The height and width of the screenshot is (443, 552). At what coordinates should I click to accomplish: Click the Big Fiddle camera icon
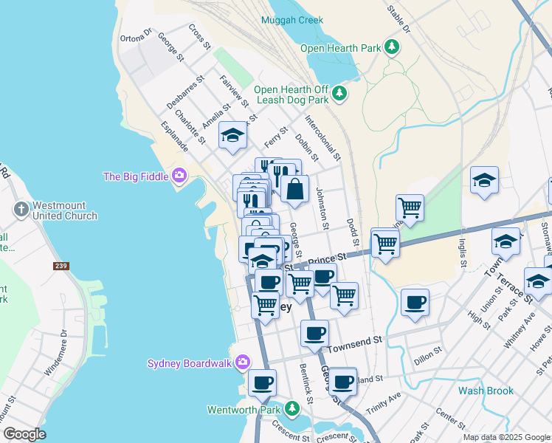[179, 176]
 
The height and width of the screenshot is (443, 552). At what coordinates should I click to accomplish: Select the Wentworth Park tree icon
[293, 409]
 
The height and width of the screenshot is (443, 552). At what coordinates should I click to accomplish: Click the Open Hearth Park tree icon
[392, 48]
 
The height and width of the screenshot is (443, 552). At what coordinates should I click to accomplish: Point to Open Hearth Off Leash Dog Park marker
[339, 93]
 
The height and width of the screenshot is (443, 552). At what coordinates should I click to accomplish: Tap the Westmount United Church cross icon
[21, 210]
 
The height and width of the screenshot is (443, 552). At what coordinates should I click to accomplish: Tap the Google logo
[24, 433]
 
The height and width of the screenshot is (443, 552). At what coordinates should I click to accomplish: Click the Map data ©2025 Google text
[506, 437]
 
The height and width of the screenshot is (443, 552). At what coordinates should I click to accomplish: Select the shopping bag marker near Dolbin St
[294, 189]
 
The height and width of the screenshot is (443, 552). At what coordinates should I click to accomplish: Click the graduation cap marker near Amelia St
[233, 135]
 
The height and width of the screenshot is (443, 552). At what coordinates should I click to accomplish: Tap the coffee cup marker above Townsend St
[315, 333]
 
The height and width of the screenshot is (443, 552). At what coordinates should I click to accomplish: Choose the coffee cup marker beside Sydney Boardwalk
[263, 382]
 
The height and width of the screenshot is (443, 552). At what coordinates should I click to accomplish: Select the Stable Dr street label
[399, 17]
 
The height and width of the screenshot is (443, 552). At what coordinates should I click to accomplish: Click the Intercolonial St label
[322, 137]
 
